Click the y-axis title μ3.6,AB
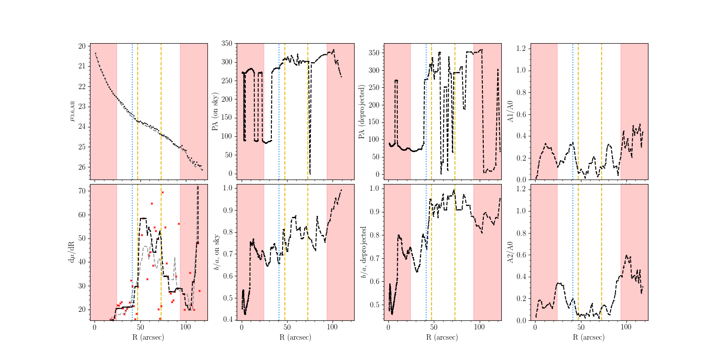[72, 111]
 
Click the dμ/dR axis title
[72, 252]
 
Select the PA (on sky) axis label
[215, 112]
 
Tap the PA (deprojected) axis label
[361, 112]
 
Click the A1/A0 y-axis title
[510, 112]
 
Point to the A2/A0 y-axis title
[510, 252]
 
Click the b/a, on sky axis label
[216, 252]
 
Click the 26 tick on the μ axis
[82, 167]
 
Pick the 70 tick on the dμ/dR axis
[82, 191]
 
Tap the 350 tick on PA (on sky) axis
[227, 44]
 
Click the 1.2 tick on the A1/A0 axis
[521, 48]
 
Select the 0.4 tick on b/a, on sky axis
[228, 319]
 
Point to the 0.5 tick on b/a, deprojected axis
[374, 305]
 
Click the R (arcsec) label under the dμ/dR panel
[148, 337]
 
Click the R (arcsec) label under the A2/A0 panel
[589, 337]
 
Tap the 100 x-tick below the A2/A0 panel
[626, 327]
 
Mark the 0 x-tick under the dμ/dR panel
[94, 327]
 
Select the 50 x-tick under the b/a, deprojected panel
[434, 327]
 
